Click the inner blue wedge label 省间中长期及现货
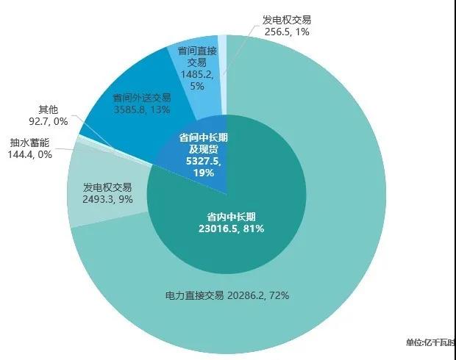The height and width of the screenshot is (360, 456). pyautogui.click(x=199, y=143)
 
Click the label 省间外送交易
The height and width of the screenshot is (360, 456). pyautogui.click(x=142, y=97)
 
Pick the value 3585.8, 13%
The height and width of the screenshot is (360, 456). pyautogui.click(x=142, y=109)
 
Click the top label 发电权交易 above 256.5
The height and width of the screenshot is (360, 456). pyautogui.click(x=286, y=21)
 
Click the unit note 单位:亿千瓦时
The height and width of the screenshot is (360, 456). pyautogui.click(x=430, y=342)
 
